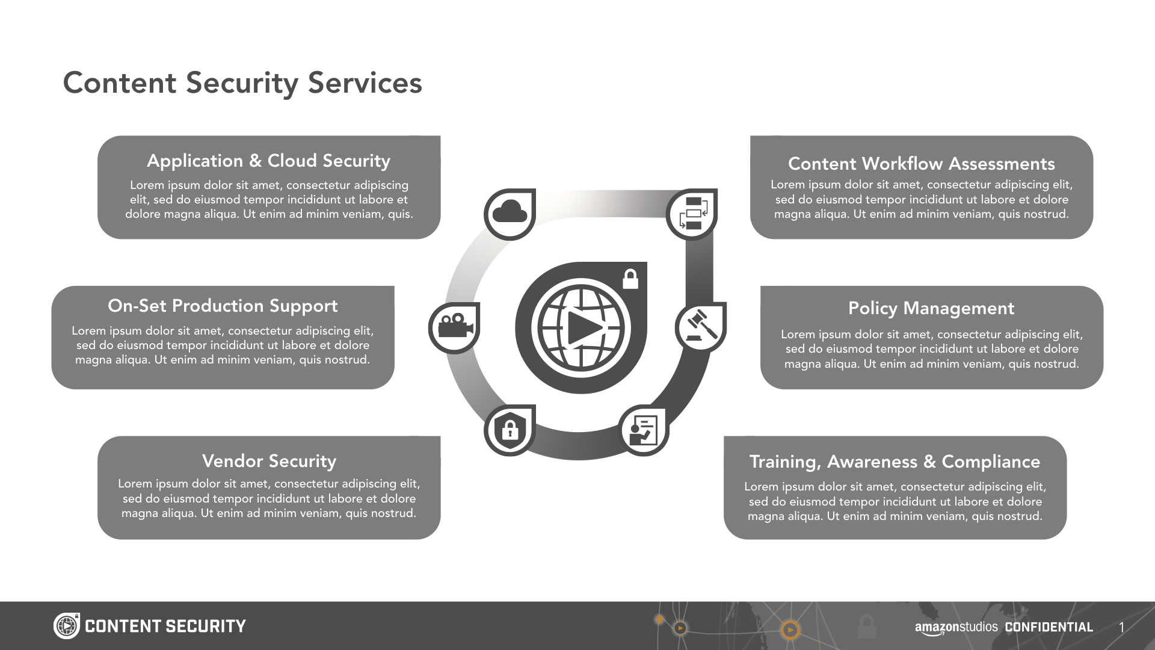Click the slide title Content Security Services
point(242,83)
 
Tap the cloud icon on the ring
point(510,214)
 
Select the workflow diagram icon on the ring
point(692,214)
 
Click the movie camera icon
point(454,327)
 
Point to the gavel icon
point(700,327)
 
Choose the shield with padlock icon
point(510,430)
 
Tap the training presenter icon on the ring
point(643,430)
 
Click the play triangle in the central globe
point(582,328)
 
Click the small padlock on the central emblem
point(630,279)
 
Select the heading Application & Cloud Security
point(268,161)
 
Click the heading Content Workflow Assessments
point(921,164)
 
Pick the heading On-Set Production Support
point(223,306)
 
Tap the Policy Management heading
point(931,308)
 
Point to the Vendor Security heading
point(269,461)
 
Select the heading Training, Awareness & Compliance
point(895,462)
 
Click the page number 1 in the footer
point(1121,628)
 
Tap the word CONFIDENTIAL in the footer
point(1049,627)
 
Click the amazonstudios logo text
point(956,627)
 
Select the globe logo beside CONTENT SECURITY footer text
point(66,626)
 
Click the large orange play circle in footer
point(790,630)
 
